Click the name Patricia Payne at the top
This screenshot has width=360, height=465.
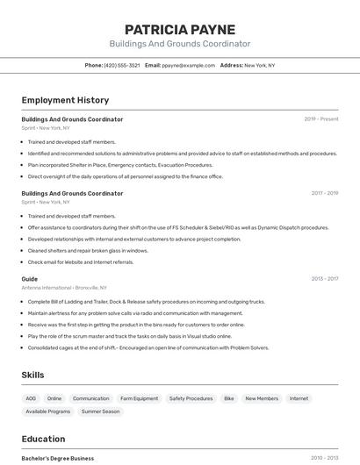click(179, 29)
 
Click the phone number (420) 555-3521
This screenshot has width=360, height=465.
click(122, 65)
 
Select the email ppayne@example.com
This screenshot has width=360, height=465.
click(189, 65)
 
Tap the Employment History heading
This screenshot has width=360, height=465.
click(65, 100)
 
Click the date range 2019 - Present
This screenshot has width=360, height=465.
click(321, 119)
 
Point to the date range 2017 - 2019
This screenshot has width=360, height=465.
click(324, 193)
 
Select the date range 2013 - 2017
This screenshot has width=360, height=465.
click(324, 279)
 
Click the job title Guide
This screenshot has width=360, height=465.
click(30, 279)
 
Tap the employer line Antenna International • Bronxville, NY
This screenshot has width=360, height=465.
click(64, 288)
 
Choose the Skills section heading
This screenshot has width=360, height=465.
click(33, 375)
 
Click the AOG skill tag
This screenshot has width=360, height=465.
click(31, 398)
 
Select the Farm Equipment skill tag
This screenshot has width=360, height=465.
click(139, 398)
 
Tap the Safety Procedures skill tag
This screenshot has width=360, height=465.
click(191, 398)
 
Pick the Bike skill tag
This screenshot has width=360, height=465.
click(229, 398)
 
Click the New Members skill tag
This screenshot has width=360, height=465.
click(262, 398)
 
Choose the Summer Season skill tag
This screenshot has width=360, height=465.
click(100, 411)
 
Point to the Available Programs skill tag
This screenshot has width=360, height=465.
click(48, 411)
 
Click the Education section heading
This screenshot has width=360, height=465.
click(43, 439)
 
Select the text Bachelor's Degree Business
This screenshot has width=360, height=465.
click(58, 458)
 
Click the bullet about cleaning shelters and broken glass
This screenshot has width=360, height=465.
click(88, 250)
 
